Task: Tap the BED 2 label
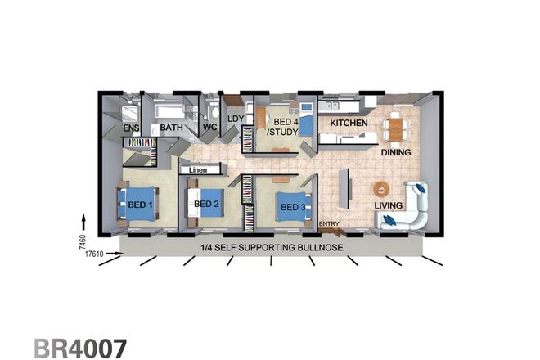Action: tap(205, 204)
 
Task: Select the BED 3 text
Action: tap(293, 208)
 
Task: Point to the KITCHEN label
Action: tap(348, 124)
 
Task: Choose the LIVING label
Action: tap(389, 205)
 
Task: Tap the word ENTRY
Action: tap(329, 224)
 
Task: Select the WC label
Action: tap(209, 128)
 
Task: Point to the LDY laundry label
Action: tap(235, 119)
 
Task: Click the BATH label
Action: tap(171, 128)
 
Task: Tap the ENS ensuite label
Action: tap(131, 128)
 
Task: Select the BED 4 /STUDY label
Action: tap(286, 127)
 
